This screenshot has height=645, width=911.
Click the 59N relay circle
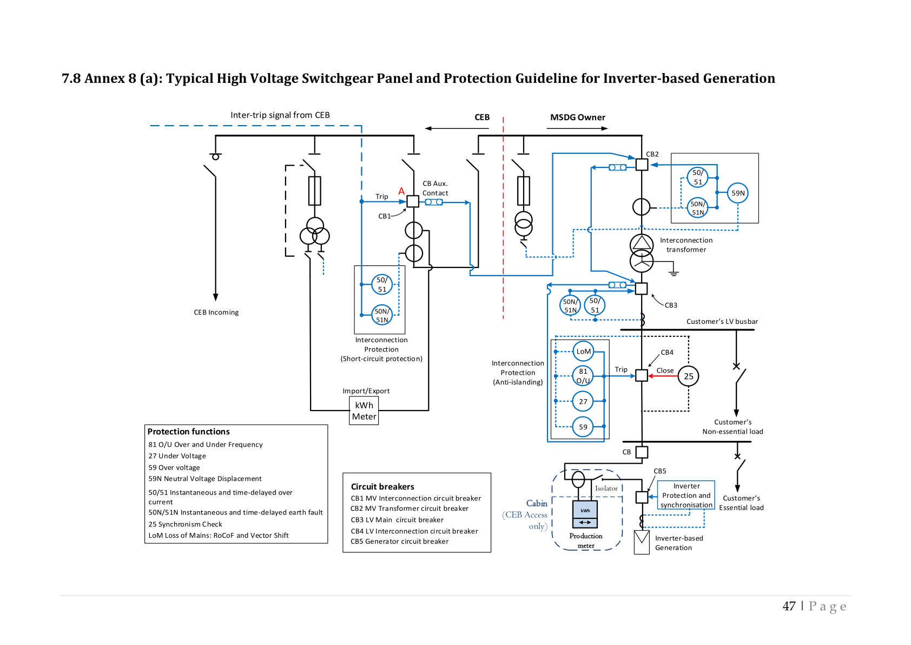(738, 193)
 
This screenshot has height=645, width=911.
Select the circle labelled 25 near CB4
(688, 376)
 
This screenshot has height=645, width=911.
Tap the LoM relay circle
(583, 351)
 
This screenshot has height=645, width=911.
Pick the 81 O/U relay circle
(583, 376)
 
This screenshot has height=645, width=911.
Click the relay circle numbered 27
(583, 401)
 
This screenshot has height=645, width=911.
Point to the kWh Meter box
(364, 411)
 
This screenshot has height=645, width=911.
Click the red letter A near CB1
(401, 191)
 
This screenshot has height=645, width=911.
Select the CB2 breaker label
(652, 154)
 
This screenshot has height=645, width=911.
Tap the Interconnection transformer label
(686, 245)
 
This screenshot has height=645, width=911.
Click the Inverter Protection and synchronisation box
(686, 496)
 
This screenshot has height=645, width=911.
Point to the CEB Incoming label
(216, 312)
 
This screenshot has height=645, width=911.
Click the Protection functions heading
(188, 432)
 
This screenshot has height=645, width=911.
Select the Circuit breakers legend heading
(382, 487)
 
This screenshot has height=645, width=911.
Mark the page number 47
(789, 606)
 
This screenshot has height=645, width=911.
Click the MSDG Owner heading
(577, 118)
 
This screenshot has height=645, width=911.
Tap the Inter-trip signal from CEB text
(280, 115)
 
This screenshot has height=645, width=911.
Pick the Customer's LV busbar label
(722, 322)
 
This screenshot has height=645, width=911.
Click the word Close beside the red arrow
(665, 371)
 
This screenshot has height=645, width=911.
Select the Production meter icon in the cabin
(585, 514)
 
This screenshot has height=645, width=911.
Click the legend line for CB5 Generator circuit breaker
(399, 542)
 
